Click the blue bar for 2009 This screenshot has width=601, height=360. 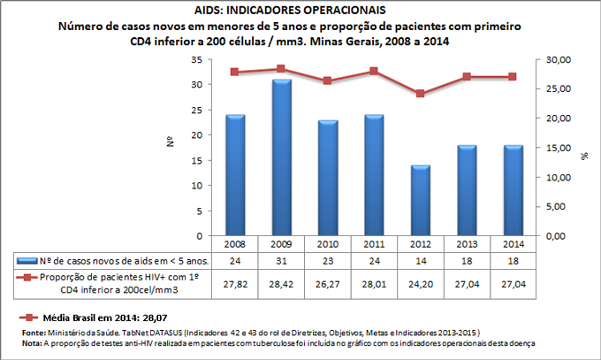pyautogui.click(x=282, y=157)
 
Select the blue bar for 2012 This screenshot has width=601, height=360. pyautogui.click(x=420, y=201)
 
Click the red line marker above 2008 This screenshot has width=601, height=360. pyautogui.click(x=235, y=72)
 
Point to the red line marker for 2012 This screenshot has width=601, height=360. pyautogui.click(x=420, y=93)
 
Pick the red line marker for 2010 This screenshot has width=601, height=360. pyautogui.click(x=328, y=80)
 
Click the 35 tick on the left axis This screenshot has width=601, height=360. pyautogui.click(x=196, y=59)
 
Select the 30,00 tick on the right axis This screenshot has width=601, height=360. pyautogui.click(x=555, y=59)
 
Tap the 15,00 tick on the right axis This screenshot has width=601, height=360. pyautogui.click(x=555, y=148)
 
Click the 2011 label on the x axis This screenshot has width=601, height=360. pyautogui.click(x=374, y=243)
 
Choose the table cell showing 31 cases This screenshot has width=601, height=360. pyautogui.click(x=282, y=261)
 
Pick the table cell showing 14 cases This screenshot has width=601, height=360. pyautogui.click(x=420, y=261)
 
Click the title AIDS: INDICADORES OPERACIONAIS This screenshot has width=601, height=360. pyautogui.click(x=300, y=10)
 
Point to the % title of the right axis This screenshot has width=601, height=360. pyautogui.click(x=584, y=155)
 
